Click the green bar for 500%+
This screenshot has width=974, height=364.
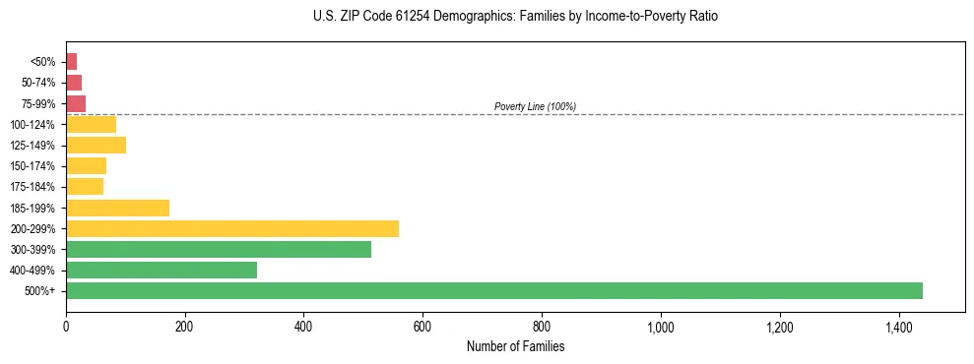(x=493, y=290)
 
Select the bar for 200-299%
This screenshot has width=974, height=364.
(x=231, y=228)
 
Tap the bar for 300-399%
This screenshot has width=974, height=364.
(x=218, y=249)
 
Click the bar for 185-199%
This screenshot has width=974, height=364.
(x=117, y=208)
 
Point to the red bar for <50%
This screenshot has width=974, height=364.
(x=71, y=62)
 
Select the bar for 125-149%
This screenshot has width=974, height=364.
(x=96, y=146)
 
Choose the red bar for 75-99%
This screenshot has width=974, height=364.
(x=75, y=103)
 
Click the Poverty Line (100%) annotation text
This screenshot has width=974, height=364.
(x=535, y=106)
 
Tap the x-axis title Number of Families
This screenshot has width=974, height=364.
(x=515, y=346)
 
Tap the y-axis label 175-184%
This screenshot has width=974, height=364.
(x=34, y=187)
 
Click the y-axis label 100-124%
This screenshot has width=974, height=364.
(x=34, y=124)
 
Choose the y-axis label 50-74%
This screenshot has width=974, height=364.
(x=38, y=83)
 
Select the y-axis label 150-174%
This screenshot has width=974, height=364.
(x=34, y=166)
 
